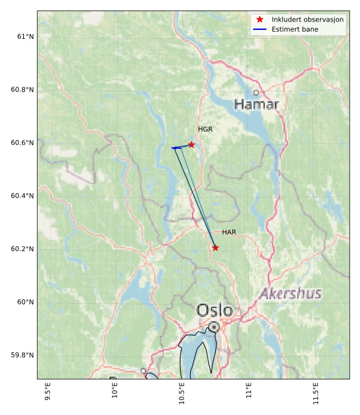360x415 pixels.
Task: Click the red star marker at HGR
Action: pyautogui.click(x=191, y=145)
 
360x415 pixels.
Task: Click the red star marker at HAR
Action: pyautogui.click(x=215, y=248)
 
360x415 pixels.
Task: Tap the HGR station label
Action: pyautogui.click(x=205, y=129)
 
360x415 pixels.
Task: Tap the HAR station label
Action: pyautogui.click(x=229, y=232)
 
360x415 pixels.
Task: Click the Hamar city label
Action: pyautogui.click(x=256, y=105)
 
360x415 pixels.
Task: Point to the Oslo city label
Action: pyautogui.click(x=214, y=310)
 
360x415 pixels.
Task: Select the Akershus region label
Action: pyautogui.click(x=291, y=294)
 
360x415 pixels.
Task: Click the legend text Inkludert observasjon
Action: pyautogui.click(x=307, y=19)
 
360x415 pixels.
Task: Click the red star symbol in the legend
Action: pyautogui.click(x=260, y=19)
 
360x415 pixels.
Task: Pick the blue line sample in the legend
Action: pyautogui.click(x=260, y=29)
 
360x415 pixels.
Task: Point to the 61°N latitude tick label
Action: pyautogui.click(x=25, y=36)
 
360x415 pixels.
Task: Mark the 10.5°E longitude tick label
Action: pyautogui.click(x=181, y=396)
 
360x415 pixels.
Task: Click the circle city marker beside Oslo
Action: pyautogui.click(x=214, y=327)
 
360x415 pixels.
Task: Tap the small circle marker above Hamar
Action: pyautogui.click(x=256, y=93)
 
